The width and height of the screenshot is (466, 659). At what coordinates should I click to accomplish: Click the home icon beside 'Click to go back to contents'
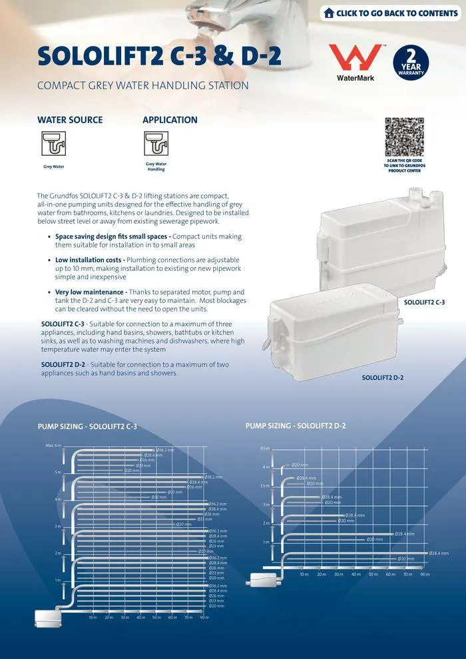(x=329, y=13)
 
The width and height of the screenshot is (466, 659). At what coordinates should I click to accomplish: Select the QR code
(x=404, y=136)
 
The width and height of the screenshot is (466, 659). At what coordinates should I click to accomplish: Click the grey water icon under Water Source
(x=53, y=143)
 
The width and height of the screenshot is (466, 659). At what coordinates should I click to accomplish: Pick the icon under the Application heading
(x=156, y=142)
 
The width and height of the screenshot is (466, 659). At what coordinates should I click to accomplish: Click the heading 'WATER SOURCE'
(x=70, y=120)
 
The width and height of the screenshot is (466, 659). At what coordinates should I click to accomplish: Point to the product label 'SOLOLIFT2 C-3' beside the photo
(x=424, y=302)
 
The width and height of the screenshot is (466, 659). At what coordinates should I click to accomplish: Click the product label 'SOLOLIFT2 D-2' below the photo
(x=382, y=377)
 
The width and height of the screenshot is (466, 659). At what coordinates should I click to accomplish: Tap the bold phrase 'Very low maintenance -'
(x=91, y=292)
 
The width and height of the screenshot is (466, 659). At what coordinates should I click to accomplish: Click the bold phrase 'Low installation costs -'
(x=90, y=260)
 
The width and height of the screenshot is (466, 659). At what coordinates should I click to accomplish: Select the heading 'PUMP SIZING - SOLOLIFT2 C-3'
(x=87, y=426)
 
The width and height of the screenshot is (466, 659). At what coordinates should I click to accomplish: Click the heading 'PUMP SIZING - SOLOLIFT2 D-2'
(x=296, y=425)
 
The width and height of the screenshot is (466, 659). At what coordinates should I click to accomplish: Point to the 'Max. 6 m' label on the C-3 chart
(x=53, y=445)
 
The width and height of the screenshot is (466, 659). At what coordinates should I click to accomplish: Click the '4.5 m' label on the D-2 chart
(x=264, y=448)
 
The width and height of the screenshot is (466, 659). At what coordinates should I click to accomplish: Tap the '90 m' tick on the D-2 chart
(x=425, y=574)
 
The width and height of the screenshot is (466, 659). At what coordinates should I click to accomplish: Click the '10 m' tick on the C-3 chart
(x=93, y=617)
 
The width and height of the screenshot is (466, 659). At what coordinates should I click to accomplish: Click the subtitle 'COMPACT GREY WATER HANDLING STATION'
(x=143, y=86)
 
